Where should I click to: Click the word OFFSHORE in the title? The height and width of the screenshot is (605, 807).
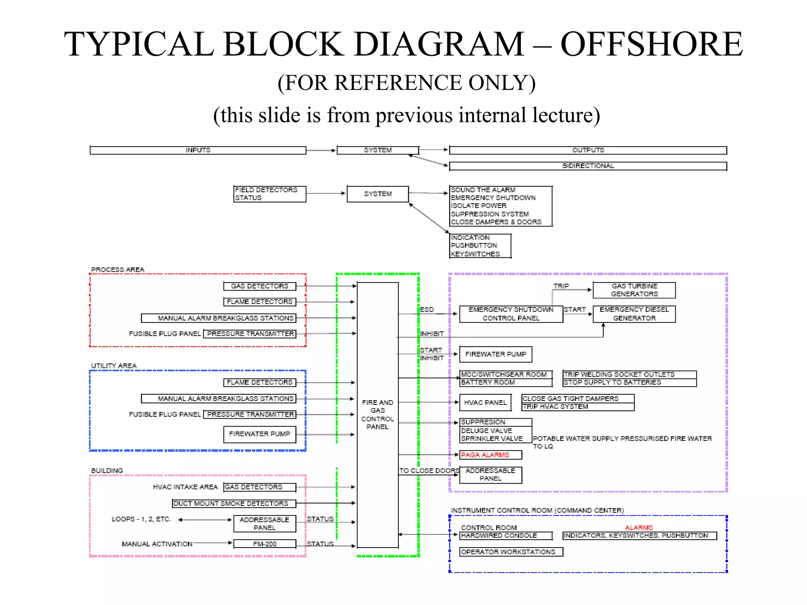coord(651,44)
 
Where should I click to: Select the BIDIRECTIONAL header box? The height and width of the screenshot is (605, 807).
coord(588,166)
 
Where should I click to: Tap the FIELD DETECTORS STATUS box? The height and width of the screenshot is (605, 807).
coord(270,194)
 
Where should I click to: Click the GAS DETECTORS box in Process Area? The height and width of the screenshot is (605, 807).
coord(259,286)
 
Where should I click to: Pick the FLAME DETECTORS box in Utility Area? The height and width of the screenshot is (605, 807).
coord(259,382)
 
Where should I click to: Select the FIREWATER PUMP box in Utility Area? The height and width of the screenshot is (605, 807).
coord(259,434)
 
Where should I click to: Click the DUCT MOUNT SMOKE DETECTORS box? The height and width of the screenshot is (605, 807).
coord(234,503)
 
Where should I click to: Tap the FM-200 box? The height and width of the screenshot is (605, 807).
coord(264,544)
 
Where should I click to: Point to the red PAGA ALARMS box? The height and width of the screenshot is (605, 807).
coord(491,455)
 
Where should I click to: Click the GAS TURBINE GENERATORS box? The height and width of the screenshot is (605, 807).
coord(634,290)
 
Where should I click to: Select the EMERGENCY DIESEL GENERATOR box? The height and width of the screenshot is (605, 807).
coord(634,314)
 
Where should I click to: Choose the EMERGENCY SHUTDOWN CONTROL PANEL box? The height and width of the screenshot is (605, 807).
coord(511,314)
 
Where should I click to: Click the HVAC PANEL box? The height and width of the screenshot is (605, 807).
coord(485,403)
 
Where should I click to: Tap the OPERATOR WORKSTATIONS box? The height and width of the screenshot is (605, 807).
coord(511,552)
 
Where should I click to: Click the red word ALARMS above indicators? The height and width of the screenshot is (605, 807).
coord(639,527)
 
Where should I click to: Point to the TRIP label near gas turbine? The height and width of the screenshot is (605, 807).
coord(561,286)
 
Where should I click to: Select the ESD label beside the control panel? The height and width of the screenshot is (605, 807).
coord(427,310)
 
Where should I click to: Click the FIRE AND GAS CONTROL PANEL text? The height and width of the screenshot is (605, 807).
coord(377,414)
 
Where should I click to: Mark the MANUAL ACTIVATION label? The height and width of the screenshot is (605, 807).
coord(157,544)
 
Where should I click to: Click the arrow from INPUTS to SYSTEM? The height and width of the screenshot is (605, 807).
coord(321,150)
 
